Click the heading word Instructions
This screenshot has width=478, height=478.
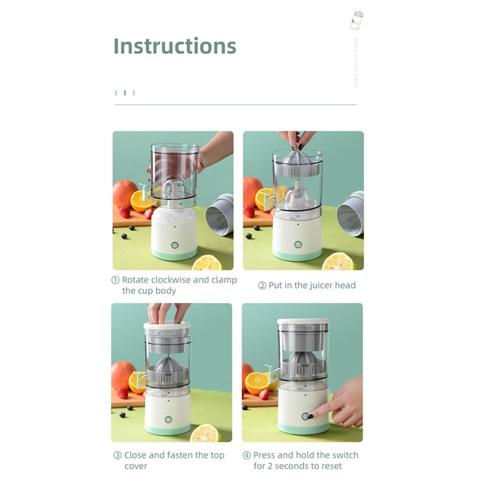tap(174, 46)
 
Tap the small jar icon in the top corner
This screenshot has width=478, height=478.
tap(357, 20)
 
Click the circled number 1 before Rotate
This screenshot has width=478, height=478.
tap(116, 280)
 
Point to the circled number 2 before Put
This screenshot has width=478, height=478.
tap(262, 286)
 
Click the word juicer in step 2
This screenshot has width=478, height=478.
tap(321, 286)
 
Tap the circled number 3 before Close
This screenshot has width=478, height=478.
tap(117, 455)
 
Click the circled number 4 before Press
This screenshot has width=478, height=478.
tap(247, 455)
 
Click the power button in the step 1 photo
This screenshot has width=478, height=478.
tap(174, 245)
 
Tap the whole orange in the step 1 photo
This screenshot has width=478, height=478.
tap(125, 193)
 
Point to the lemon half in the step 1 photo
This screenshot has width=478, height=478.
tap(207, 262)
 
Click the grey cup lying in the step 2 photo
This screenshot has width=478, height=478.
tap(350, 213)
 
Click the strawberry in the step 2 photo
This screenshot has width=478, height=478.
tap(249, 212)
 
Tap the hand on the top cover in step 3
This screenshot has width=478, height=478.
tap(168, 312)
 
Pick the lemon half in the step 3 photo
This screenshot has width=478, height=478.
tap(205, 433)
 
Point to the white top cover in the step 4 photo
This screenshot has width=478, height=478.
tap(303, 325)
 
